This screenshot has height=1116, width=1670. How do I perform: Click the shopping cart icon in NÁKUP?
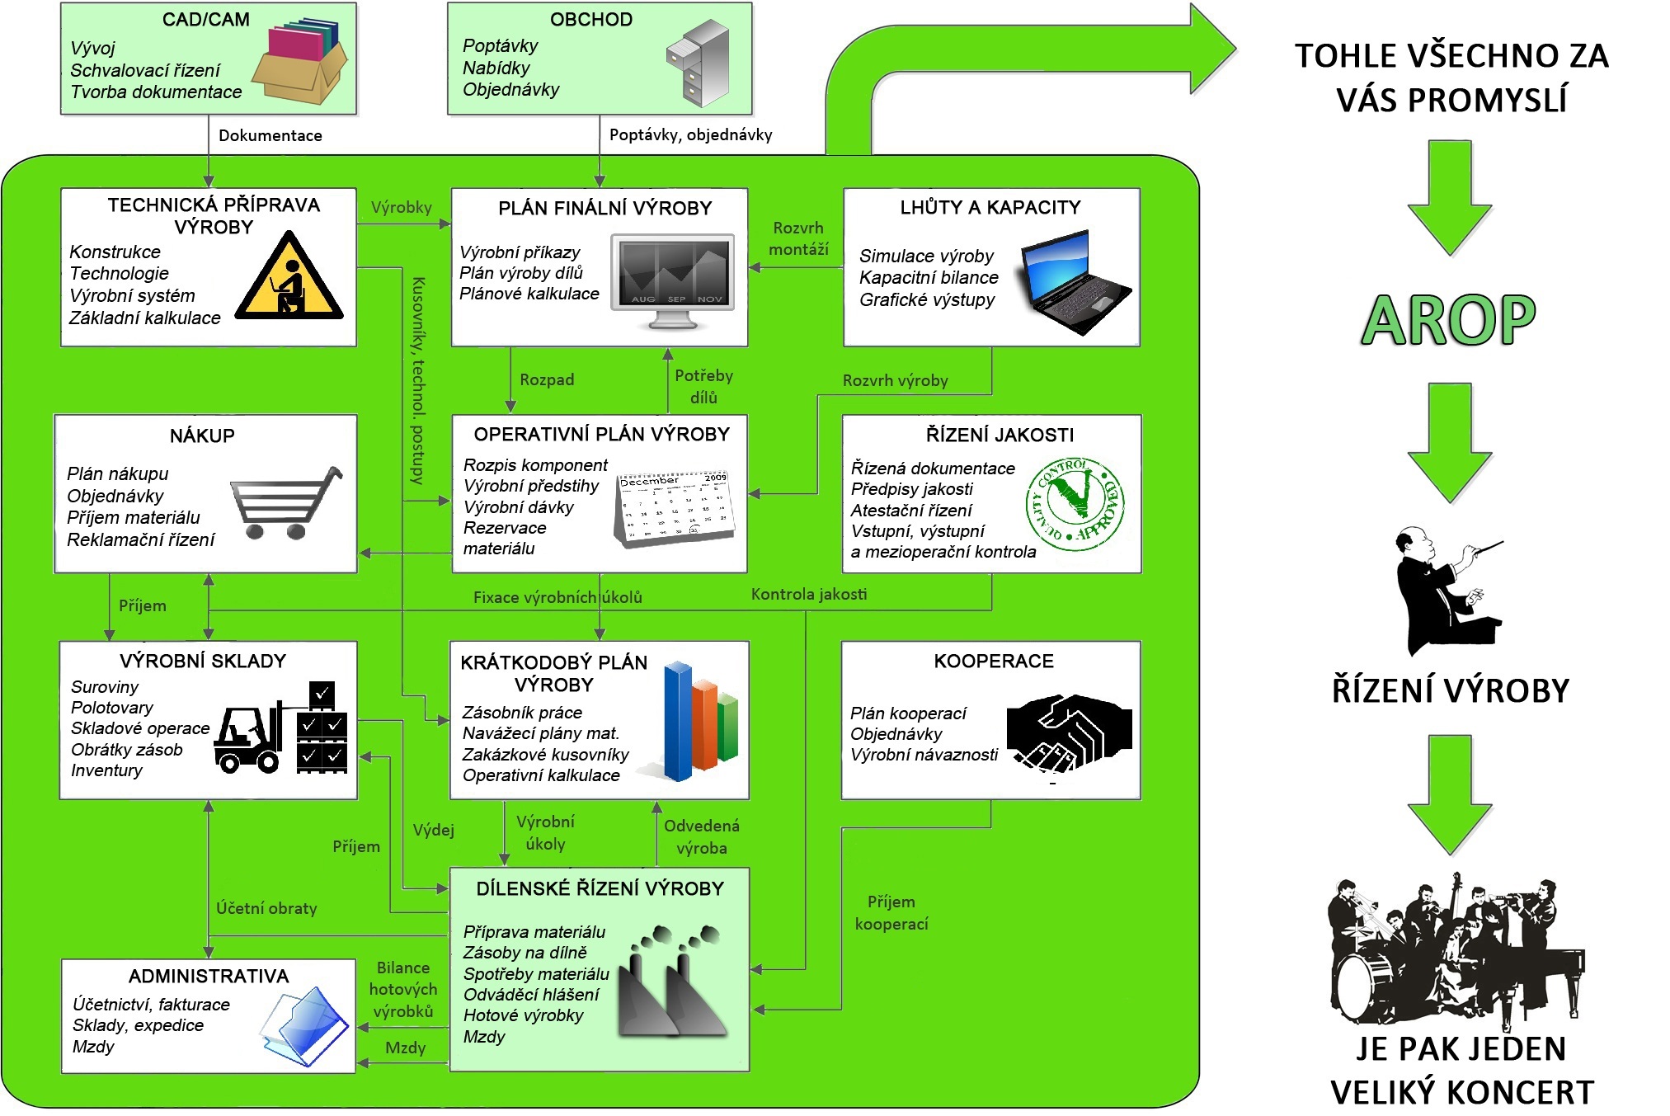coord(285,502)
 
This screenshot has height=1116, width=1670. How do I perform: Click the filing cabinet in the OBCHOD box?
coord(698,63)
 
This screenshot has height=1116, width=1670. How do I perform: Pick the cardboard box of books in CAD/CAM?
coord(299,62)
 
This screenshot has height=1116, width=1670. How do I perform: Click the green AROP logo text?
coord(1449,320)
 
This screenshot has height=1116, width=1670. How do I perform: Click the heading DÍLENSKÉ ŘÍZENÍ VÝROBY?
coord(600,888)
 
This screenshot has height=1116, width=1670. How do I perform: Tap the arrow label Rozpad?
coord(547,379)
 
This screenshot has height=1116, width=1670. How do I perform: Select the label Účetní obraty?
coord(266,908)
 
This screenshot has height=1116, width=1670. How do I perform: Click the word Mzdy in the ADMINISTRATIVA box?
coord(93,1047)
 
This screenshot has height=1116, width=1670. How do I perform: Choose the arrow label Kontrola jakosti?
coord(809,594)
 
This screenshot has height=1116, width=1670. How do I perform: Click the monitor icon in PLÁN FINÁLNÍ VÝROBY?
coord(672,281)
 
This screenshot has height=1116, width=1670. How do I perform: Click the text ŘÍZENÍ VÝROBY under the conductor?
coord(1451,690)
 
